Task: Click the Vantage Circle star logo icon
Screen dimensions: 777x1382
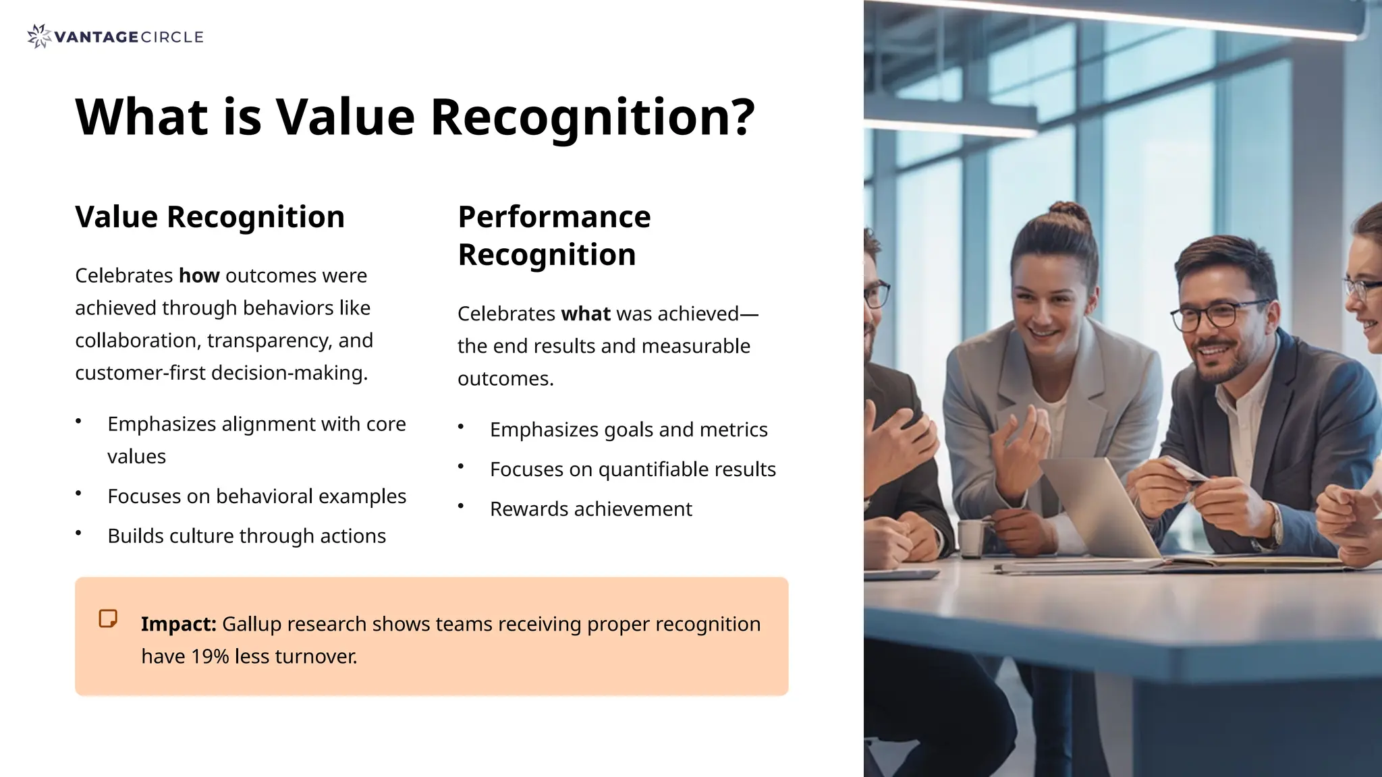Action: point(38,36)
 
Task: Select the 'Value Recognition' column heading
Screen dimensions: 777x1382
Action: point(210,217)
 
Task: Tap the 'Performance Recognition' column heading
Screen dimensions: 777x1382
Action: point(554,235)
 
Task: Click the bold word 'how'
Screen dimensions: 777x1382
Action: point(199,276)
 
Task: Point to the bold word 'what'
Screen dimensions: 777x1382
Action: point(586,314)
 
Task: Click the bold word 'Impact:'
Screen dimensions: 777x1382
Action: point(178,624)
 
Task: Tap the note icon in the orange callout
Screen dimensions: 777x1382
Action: point(108,618)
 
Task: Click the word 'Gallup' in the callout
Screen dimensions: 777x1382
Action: point(252,624)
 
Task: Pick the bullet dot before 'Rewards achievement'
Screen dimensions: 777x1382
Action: point(461,506)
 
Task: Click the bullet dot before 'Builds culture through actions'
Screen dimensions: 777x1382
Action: point(78,533)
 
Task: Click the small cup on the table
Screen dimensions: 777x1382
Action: point(972,538)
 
